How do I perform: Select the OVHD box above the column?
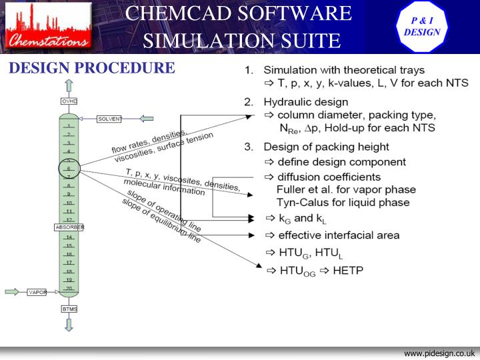click(x=69, y=101)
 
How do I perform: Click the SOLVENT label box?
click(x=109, y=119)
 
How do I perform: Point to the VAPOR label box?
click(x=37, y=292)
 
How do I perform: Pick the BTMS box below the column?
click(x=69, y=309)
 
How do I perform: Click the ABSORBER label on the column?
click(x=69, y=227)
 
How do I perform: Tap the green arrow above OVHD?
click(x=69, y=86)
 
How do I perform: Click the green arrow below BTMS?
click(x=69, y=324)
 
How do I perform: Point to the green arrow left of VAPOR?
click(x=13, y=291)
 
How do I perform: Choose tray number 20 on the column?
click(x=69, y=288)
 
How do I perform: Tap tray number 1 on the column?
click(x=69, y=125)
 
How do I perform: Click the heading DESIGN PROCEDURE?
click(x=91, y=68)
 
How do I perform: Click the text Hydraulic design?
click(x=305, y=102)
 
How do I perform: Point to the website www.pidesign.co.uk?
click(x=439, y=353)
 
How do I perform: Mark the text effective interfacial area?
click(x=339, y=235)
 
